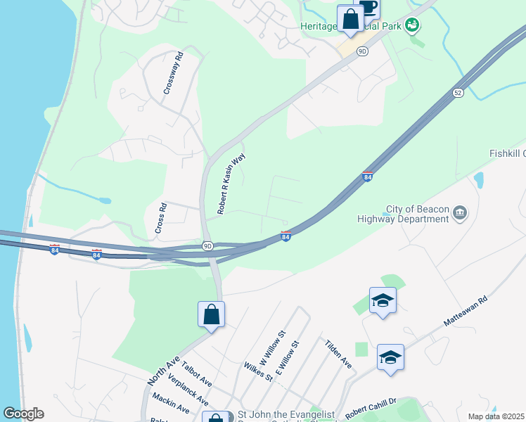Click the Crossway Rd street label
point(173,74)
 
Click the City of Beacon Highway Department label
point(417,215)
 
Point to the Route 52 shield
point(458,92)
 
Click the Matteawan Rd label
point(466,310)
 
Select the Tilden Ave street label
point(338,354)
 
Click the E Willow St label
point(288,359)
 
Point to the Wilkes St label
point(258,371)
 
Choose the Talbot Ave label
point(196,374)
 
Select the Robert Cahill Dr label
point(371,407)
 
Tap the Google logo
point(23,414)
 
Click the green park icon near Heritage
point(413,25)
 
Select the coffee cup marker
point(368,7)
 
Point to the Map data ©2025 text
point(496,416)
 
